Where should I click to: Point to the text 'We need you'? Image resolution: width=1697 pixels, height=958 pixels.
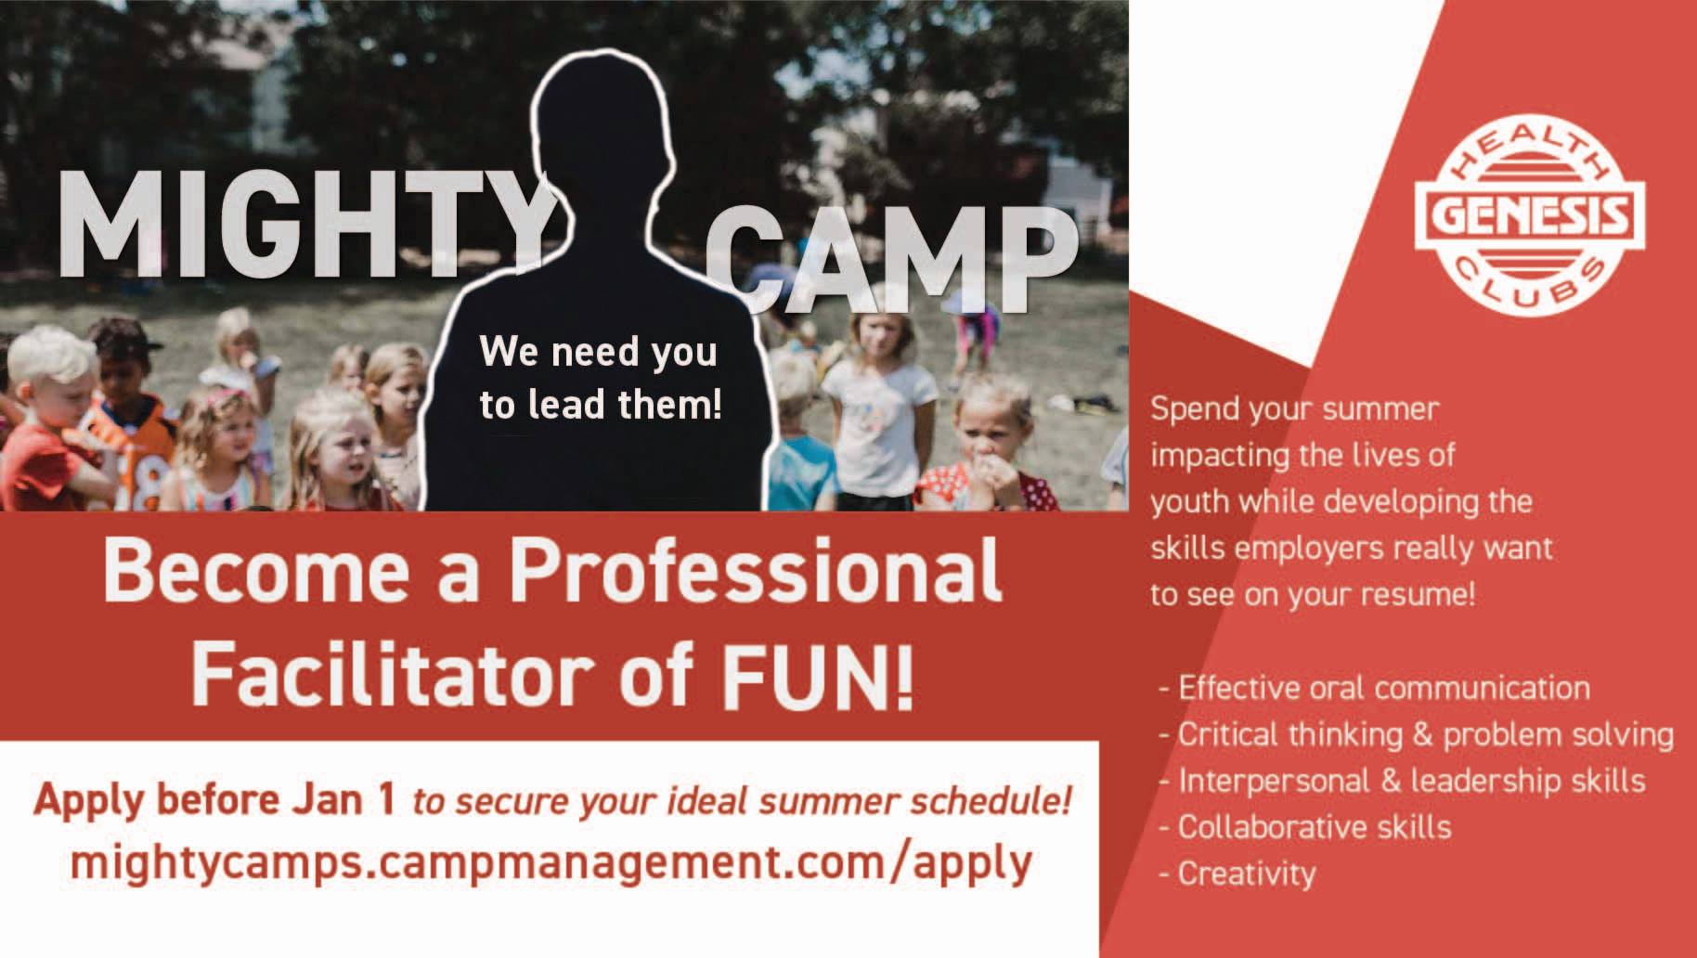[x=598, y=352]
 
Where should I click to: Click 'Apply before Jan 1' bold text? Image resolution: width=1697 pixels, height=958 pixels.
[x=215, y=799]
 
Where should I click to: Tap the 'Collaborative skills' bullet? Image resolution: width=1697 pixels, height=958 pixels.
[x=1305, y=826]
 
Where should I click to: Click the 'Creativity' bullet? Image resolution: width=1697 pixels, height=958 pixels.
[x=1237, y=874]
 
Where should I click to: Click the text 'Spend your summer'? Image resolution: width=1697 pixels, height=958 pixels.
[x=1294, y=409]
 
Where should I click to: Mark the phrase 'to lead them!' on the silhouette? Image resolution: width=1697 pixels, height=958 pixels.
[x=600, y=405]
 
